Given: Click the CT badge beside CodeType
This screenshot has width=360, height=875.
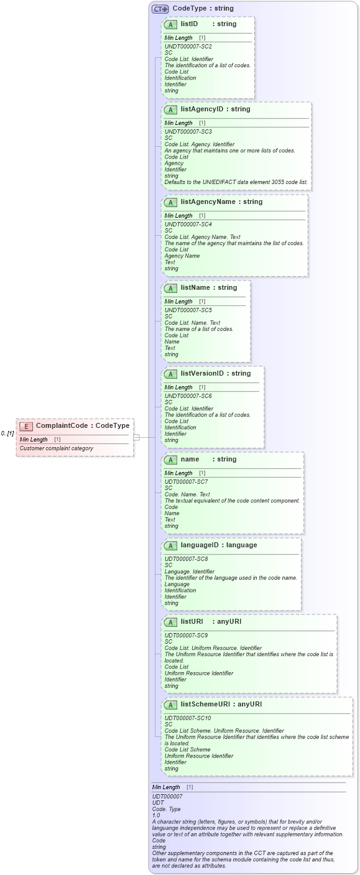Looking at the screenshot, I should pyautogui.click(x=160, y=9).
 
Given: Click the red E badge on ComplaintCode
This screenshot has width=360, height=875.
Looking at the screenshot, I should pyautogui.click(x=26, y=426).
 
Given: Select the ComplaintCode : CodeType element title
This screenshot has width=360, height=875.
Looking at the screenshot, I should pyautogui.click(x=83, y=426).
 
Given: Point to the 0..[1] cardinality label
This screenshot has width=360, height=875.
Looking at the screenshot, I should pyautogui.click(x=7, y=433).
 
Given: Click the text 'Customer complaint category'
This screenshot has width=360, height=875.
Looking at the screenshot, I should pyautogui.click(x=56, y=448).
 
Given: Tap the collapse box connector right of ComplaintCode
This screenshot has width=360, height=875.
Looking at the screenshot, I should pyautogui.click(x=136, y=437).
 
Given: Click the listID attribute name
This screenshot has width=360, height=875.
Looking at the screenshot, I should pyautogui.click(x=189, y=24).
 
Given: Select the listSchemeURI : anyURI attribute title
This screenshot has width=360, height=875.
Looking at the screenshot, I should pyautogui.click(x=221, y=705).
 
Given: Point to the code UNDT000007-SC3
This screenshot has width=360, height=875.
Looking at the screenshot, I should pyautogui.click(x=188, y=132).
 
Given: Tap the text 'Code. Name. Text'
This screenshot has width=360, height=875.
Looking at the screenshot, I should pyautogui.click(x=187, y=494).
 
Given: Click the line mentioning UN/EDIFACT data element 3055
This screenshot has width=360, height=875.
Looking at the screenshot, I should pyautogui.click(x=236, y=182).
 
